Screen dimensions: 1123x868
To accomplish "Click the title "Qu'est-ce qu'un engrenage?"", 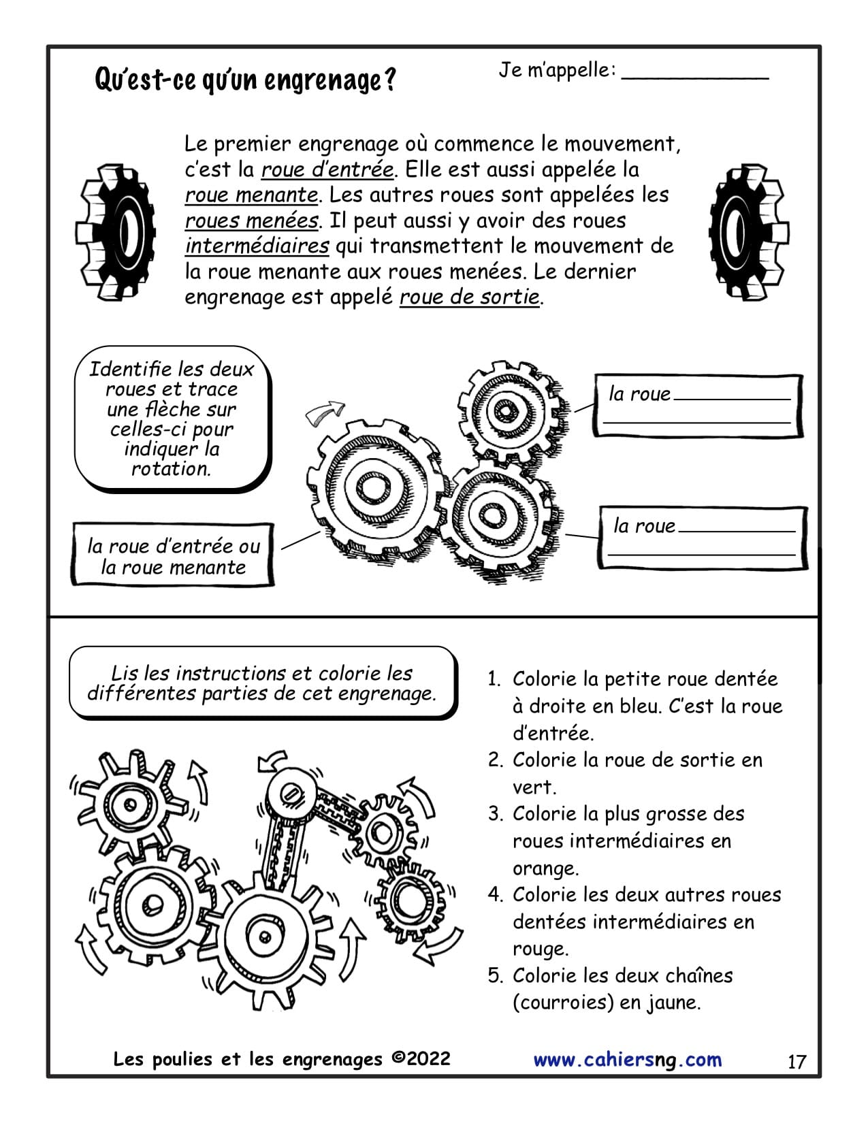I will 245,80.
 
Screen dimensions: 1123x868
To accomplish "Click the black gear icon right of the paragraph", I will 749,231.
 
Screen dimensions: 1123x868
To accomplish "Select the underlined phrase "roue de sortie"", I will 469,297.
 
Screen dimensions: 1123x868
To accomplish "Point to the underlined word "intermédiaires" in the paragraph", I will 257,246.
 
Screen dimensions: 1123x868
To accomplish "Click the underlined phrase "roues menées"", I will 251,221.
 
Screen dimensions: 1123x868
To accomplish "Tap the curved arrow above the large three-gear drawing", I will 325,412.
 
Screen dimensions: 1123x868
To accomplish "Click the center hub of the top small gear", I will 507,411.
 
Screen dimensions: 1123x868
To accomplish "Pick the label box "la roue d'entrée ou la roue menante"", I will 173,556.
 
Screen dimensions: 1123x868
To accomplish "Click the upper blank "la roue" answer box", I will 698,406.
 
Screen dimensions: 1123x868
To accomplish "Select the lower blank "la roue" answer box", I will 703,538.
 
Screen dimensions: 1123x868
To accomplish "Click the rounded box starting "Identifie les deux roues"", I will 172,419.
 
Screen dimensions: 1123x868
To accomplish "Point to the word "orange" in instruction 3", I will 545,868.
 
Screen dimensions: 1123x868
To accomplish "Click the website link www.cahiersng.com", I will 627,1060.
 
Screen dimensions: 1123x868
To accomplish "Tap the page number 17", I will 797,1062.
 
